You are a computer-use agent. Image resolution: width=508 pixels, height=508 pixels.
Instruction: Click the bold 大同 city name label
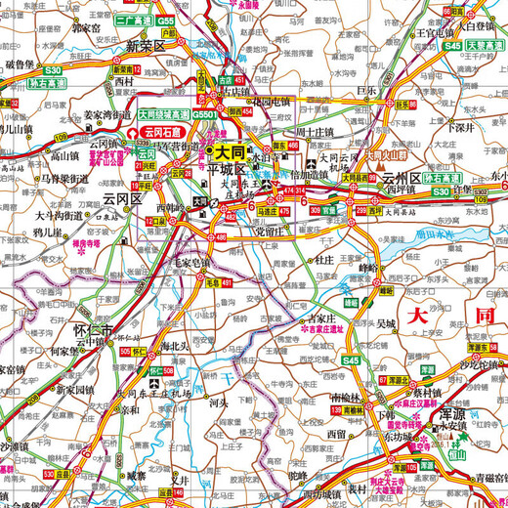click(x=230, y=152)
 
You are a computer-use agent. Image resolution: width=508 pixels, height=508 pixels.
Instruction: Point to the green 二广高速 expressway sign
click(x=134, y=20)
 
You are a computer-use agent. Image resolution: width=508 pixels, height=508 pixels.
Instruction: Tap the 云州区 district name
click(x=402, y=179)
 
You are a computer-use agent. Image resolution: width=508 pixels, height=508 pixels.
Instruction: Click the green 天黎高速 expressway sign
click(x=482, y=45)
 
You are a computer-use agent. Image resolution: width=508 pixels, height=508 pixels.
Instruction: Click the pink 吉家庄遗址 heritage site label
click(x=330, y=330)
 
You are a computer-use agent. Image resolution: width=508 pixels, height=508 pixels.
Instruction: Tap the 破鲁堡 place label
click(x=21, y=63)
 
